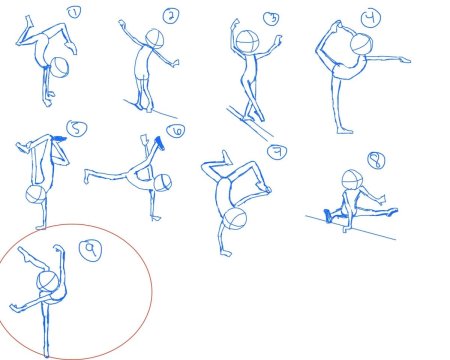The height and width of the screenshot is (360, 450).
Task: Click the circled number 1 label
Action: [74, 13]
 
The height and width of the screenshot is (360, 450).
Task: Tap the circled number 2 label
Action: [171, 16]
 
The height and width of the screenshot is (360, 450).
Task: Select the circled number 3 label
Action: [271, 19]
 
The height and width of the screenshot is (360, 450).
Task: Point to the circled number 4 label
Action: [371, 18]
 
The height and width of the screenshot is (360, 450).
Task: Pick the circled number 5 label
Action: [77, 129]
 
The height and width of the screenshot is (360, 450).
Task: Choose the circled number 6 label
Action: [176, 131]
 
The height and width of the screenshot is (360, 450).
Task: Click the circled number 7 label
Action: [277, 152]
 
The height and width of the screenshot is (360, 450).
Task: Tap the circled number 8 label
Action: [376, 161]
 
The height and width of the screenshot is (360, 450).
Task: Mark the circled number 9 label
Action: [90, 250]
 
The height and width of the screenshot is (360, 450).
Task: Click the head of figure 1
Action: [60, 67]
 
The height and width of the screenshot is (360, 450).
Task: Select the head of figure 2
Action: [155, 38]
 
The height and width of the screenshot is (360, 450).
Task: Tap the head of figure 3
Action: [247, 41]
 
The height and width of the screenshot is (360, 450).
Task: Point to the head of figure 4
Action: [361, 44]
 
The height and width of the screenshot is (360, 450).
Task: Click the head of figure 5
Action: [36, 195]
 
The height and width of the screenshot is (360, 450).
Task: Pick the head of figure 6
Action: [163, 183]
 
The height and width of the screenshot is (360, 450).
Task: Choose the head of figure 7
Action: [235, 219]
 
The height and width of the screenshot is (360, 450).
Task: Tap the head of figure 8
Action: [352, 180]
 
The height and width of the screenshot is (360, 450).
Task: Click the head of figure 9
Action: [47, 282]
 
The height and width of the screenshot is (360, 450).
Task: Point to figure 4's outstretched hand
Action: [405, 60]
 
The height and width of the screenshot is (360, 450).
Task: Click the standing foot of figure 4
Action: [345, 130]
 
